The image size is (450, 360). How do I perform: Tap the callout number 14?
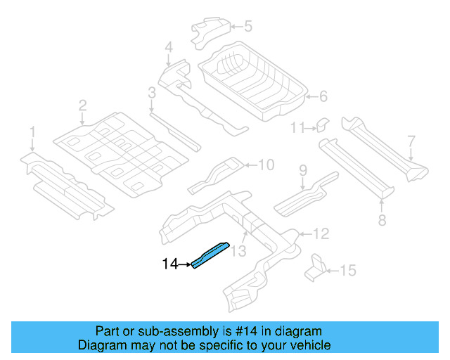pos(170,264)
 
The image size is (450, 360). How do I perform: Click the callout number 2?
pos(82,105)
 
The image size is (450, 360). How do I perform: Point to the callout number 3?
pos(151,92)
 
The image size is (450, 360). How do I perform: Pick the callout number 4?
pos(168,48)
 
